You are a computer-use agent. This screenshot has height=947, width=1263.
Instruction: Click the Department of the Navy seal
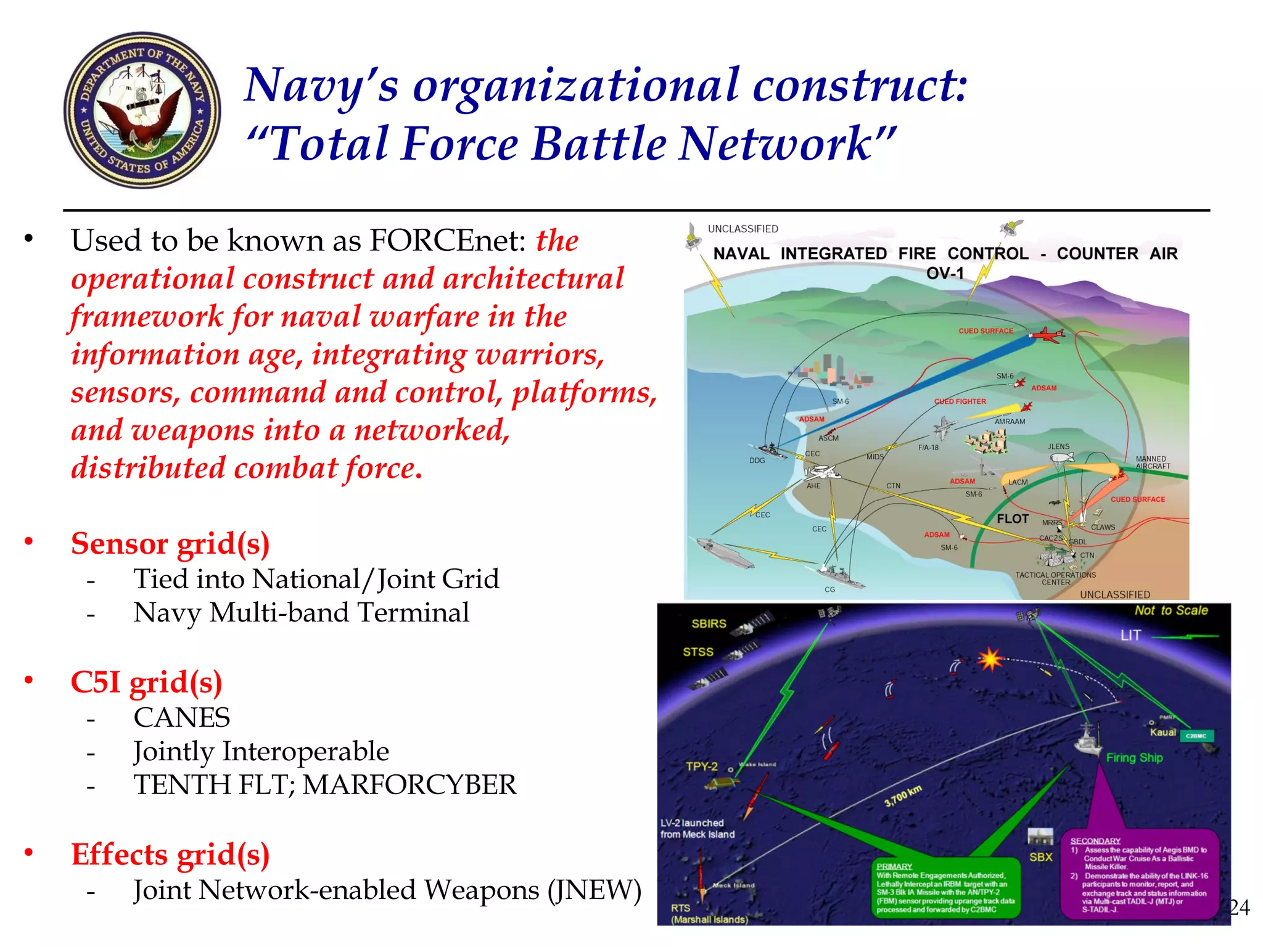142,110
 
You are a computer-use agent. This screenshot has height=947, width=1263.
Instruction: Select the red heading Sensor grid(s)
170,544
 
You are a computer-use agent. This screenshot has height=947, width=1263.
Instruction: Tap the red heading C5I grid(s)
146,683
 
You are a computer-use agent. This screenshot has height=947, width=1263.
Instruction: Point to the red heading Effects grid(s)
170,855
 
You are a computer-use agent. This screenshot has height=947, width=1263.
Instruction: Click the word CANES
182,718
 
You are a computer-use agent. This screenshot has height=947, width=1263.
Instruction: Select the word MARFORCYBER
409,785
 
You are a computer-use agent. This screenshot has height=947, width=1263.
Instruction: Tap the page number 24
1240,908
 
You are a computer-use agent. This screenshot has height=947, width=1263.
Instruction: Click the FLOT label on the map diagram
1013,519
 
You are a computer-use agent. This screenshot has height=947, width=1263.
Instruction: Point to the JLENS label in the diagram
1059,446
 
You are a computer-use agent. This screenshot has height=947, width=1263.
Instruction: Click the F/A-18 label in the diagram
928,448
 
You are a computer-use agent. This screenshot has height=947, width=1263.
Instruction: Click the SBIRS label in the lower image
709,624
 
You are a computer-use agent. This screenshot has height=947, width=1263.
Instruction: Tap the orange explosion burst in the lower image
990,659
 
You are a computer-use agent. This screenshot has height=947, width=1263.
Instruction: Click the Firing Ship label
1134,758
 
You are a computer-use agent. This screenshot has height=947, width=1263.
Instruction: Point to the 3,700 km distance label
903,796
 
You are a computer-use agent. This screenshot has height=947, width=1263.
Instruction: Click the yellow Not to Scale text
1171,610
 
